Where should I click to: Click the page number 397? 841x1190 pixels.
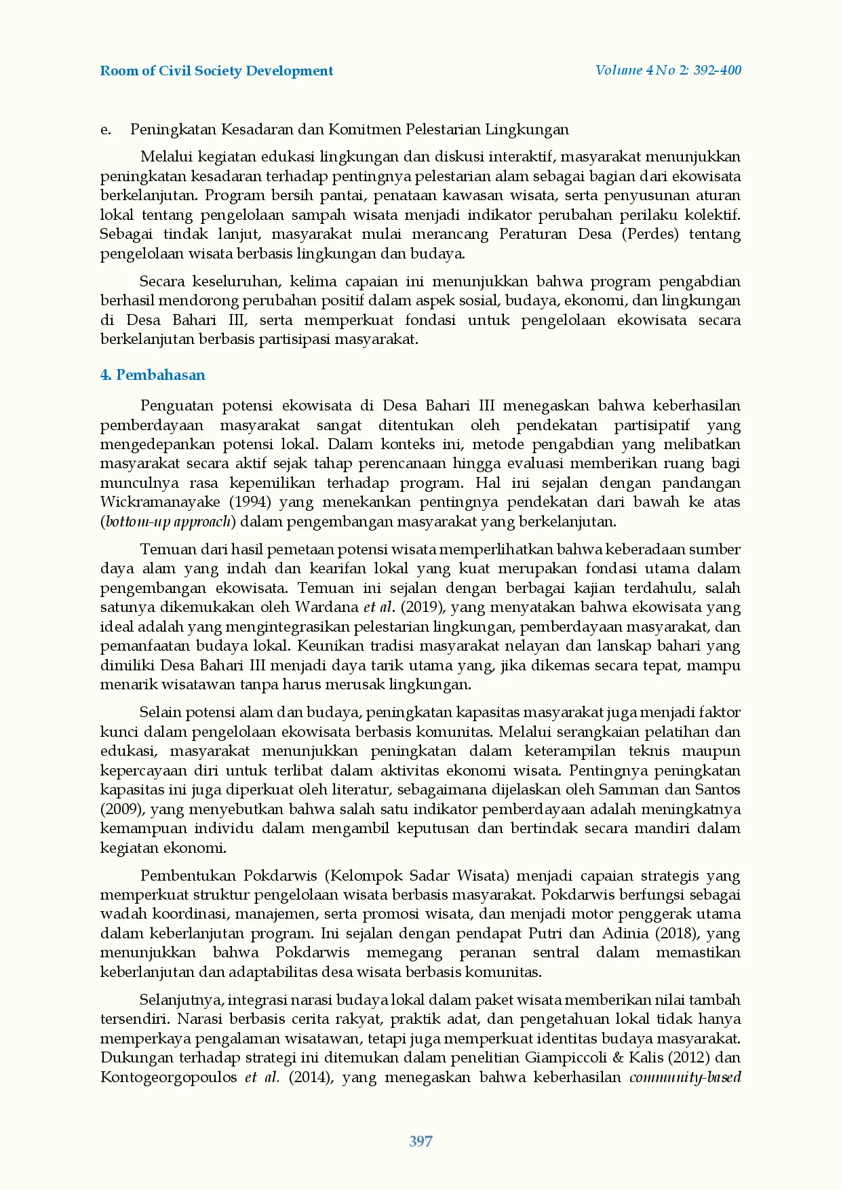click(x=420, y=1141)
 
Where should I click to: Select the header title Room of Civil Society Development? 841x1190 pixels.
click(x=216, y=71)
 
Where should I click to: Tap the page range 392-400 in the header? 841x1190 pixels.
click(x=717, y=70)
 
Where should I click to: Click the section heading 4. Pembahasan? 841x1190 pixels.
click(x=153, y=375)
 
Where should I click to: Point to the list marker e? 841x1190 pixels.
click(x=106, y=129)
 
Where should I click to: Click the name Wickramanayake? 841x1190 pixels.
click(x=160, y=502)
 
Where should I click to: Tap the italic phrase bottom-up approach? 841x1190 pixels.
click(x=168, y=522)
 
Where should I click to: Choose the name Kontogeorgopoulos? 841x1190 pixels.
click(x=169, y=1077)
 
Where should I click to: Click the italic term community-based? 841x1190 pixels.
click(x=685, y=1077)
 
